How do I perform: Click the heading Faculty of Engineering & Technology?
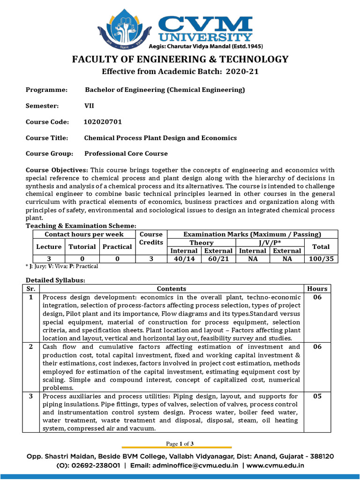[x=180, y=59]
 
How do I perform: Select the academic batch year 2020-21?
[x=242, y=72]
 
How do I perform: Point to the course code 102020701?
[x=103, y=122]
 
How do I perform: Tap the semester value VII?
[x=89, y=106]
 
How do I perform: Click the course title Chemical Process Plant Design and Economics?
[x=160, y=138]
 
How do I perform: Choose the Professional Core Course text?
[x=126, y=154]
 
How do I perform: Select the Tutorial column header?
[x=82, y=247]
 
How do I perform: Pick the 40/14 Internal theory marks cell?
[x=184, y=259]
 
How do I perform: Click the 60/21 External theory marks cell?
[x=218, y=259]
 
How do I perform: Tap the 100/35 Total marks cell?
[x=321, y=259]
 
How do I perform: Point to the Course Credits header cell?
[x=151, y=238]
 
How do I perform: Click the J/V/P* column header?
[x=270, y=243]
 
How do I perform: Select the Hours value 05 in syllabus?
[x=317, y=397]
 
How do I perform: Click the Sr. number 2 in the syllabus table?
[x=31, y=347]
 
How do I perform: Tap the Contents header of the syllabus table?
[x=171, y=289]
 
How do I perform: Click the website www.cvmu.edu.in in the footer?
[x=275, y=466]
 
